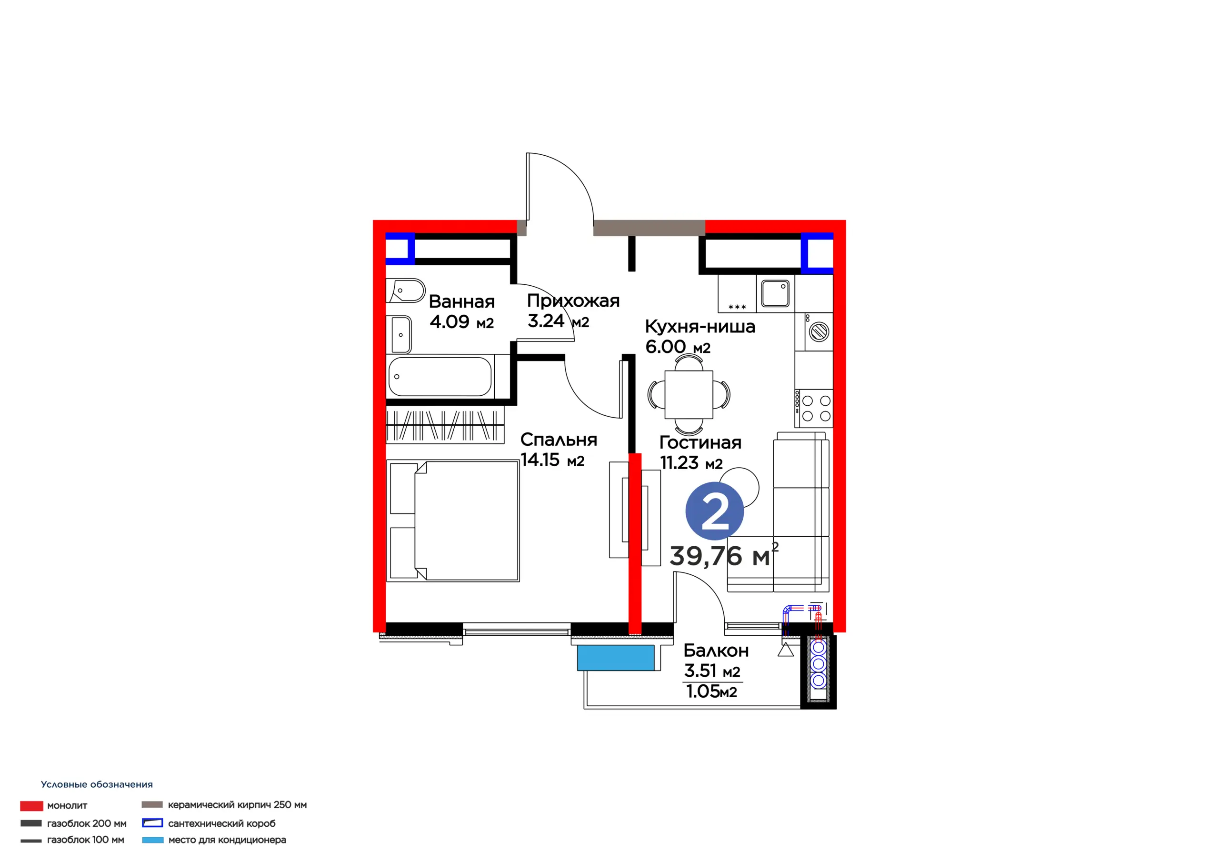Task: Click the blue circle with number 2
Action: (714, 511)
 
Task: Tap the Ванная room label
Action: (461, 301)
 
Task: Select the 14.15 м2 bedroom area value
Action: (552, 460)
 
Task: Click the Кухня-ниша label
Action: (700, 326)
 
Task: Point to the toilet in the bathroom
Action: (406, 291)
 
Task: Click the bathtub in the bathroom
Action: (440, 377)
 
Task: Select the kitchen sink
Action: (775, 293)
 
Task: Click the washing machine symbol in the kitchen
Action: (818, 332)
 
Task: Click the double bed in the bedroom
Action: (453, 521)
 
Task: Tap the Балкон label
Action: (716, 651)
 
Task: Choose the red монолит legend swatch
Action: (31, 806)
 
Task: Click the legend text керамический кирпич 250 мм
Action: (237, 805)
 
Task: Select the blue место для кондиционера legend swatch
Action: (152, 840)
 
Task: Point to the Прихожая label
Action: (573, 301)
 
